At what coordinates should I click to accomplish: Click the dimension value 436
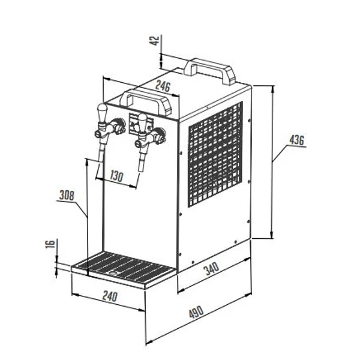[x=296, y=140]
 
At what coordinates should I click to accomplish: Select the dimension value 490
[x=196, y=311]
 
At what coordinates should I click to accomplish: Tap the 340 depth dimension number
[x=212, y=269]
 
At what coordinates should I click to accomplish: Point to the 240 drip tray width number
[x=110, y=296]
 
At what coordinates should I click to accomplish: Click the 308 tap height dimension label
[x=67, y=196]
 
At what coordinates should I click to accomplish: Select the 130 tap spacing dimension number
[x=116, y=176]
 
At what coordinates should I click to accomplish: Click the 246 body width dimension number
[x=163, y=86]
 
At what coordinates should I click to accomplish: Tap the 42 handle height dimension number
[x=155, y=40]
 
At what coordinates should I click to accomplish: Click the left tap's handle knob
[x=103, y=112]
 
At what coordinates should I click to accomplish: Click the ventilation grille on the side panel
[x=215, y=154]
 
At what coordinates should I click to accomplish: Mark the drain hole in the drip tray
[x=113, y=273]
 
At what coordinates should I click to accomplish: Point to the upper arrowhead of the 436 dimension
[x=272, y=89]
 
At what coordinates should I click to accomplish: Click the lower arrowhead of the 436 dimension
[x=272, y=234]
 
